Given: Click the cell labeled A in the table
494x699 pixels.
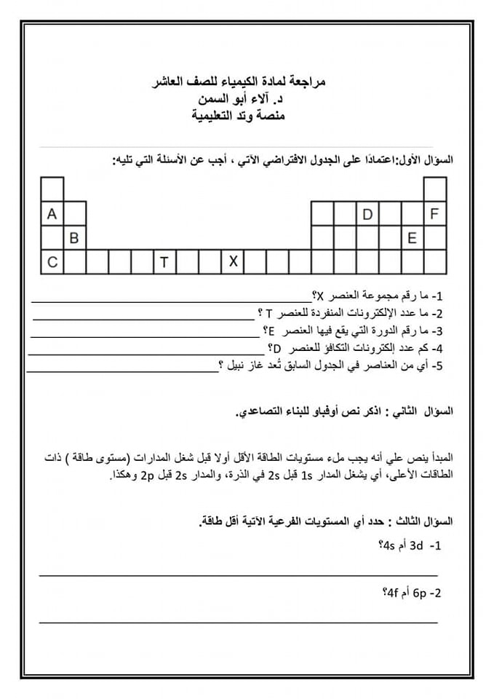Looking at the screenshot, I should click(x=52, y=214).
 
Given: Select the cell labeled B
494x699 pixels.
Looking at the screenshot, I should click(x=74, y=238).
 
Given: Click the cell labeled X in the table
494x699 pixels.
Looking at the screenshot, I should click(x=233, y=261).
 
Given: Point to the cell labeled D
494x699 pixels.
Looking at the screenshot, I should click(x=367, y=214).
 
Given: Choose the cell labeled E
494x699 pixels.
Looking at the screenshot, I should click(x=412, y=238).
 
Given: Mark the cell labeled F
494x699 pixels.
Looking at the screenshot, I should click(x=435, y=214).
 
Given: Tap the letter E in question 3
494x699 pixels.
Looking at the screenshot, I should click(x=271, y=331).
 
